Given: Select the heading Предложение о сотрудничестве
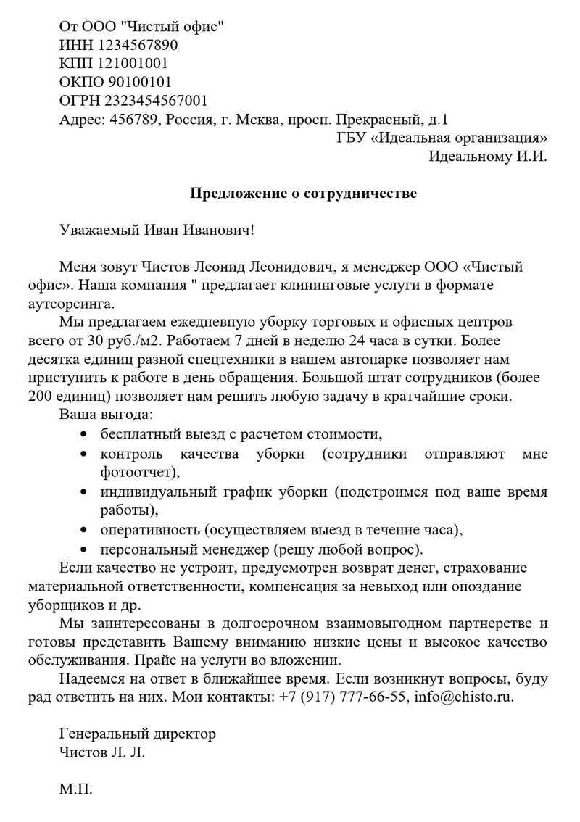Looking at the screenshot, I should pos(303,194).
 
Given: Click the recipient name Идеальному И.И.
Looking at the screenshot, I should pos(488,156).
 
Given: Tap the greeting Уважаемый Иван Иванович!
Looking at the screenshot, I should pos(157,231).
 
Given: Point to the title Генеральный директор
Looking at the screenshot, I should pos(138,734).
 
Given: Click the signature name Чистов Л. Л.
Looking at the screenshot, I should pos(102,752).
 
